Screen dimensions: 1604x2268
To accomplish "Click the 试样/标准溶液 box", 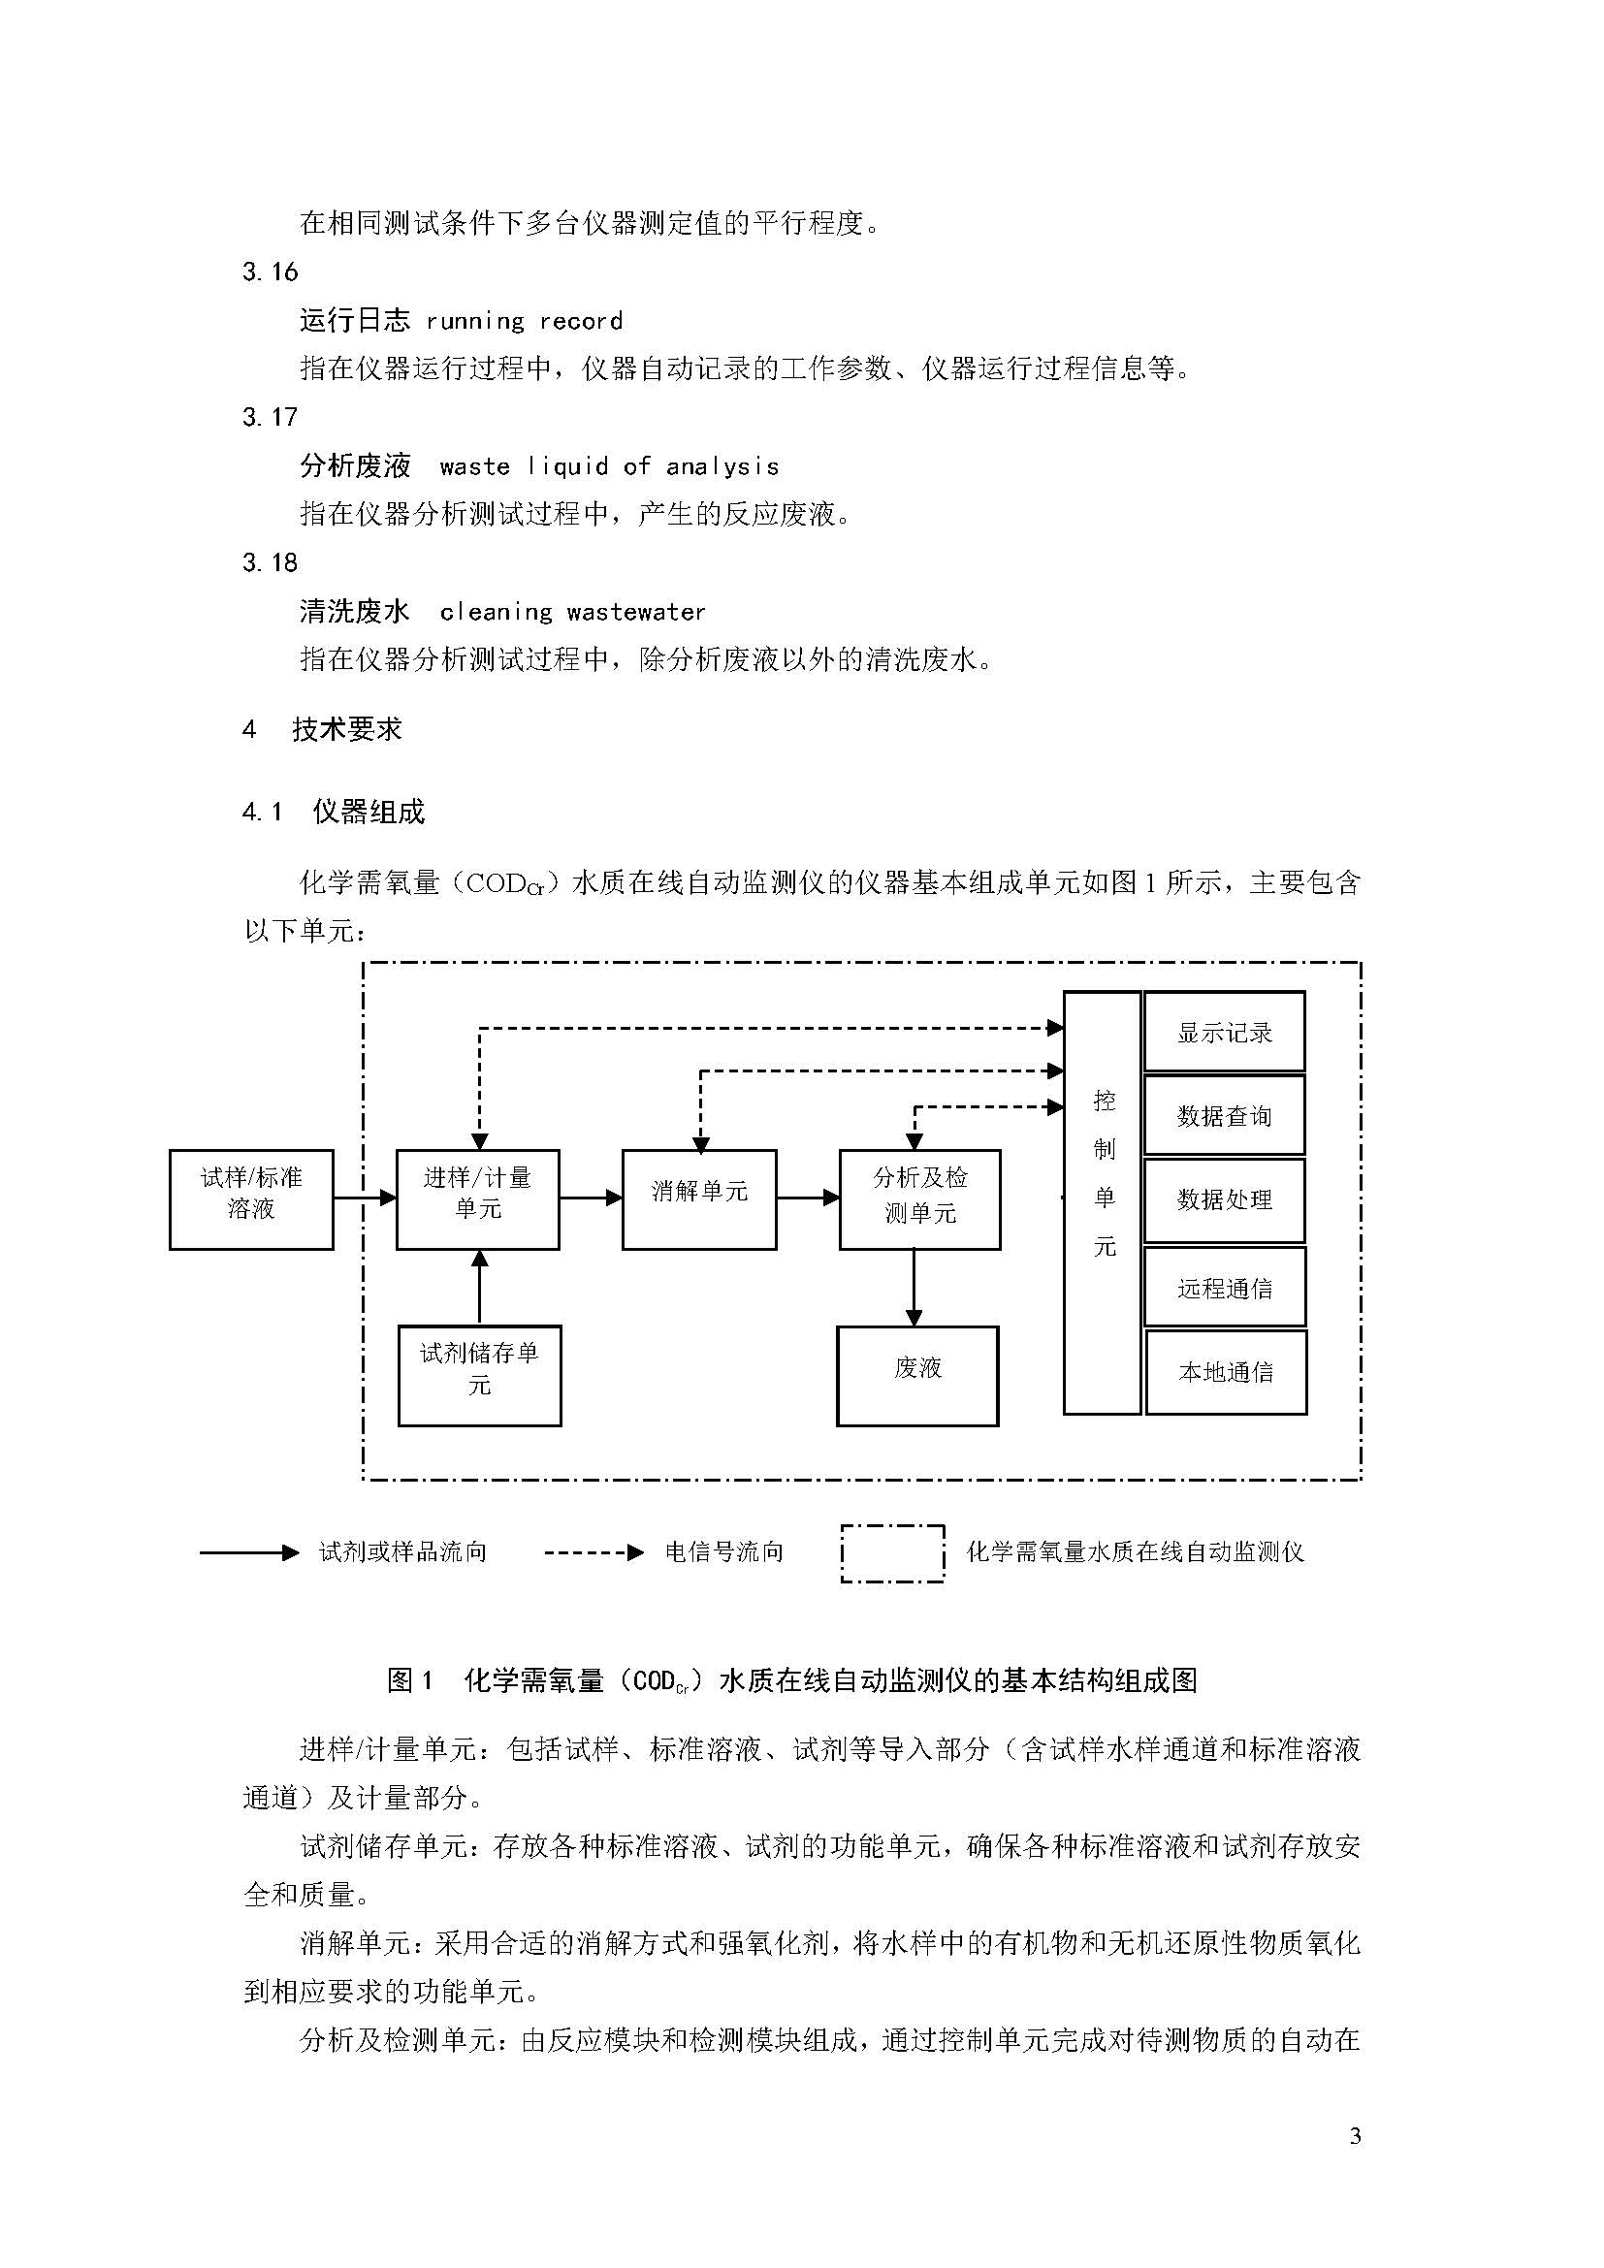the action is pos(251,1199).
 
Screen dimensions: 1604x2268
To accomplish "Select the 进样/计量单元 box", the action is pos(478,1199).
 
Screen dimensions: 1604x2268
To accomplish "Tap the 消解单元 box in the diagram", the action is pos(699,1199).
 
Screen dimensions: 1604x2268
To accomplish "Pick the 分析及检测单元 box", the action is pos(919,1199).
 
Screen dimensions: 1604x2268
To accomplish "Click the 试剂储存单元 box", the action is pos(479,1376).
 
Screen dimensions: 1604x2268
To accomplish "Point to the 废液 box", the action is pos(917,1376).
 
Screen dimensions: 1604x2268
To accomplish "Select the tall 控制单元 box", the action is pos(1103,1203).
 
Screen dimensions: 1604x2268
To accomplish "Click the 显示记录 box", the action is pos(1225,1032).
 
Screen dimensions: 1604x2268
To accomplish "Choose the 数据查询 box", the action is pos(1225,1115).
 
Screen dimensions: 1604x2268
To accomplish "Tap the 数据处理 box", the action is pos(1225,1200).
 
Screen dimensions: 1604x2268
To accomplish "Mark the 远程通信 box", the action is pos(1225,1287).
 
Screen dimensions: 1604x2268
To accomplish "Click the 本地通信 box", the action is pos(1226,1372).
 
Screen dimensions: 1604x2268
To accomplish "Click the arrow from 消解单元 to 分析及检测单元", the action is pos(808,1198).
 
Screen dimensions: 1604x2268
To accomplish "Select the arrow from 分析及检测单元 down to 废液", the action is pos(914,1288).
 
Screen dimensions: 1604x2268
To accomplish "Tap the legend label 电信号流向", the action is pos(724,1551).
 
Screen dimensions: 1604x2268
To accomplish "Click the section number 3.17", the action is pos(270,417).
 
